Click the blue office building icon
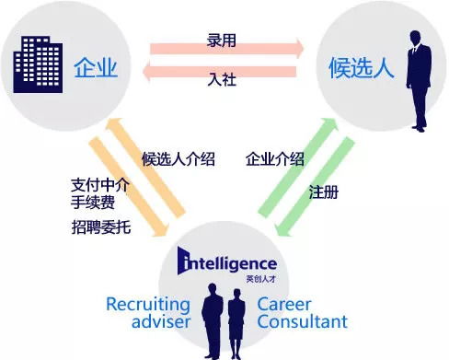[38, 64]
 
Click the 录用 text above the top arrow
[222, 41]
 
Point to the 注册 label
[324, 192]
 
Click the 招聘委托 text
[100, 226]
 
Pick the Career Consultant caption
[302, 313]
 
